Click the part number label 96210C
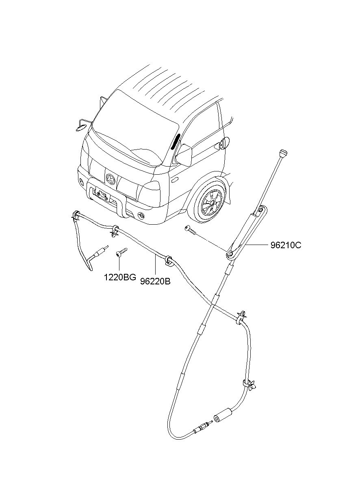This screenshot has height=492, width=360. [286, 245]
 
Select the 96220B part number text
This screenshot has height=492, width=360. [155, 282]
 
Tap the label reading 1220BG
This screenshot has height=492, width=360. [120, 277]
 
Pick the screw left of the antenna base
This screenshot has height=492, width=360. [191, 230]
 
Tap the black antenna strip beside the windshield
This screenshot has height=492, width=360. [175, 141]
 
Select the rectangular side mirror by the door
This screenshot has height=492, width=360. [184, 155]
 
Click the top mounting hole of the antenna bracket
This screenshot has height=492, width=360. [260, 210]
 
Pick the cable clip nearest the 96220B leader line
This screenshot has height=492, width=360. [169, 260]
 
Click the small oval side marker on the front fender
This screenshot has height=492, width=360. [175, 180]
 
